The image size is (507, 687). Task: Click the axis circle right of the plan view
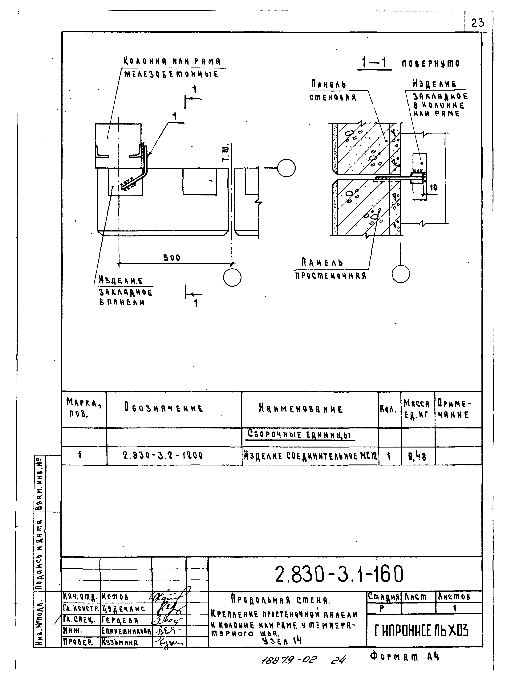286,168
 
